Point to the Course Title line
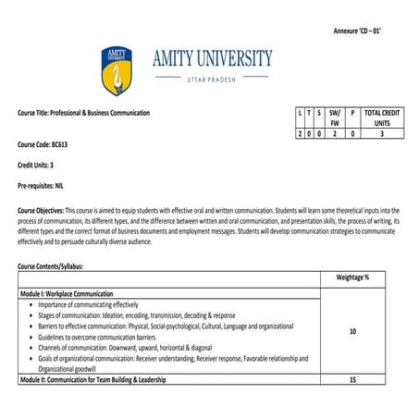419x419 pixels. click(83, 113)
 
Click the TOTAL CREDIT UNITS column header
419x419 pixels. click(382, 117)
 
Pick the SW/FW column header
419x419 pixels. click(335, 117)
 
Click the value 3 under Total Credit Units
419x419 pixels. click(382, 134)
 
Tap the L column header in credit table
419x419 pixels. click(300, 112)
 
